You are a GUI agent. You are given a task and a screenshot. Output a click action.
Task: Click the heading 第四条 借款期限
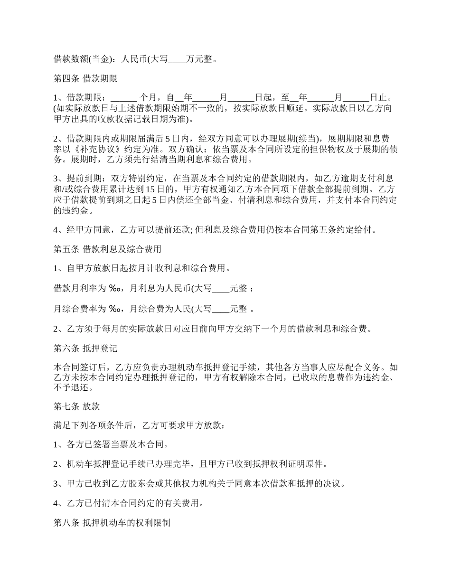click(x=85, y=79)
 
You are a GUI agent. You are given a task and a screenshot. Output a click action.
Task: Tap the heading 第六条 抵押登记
click(x=85, y=348)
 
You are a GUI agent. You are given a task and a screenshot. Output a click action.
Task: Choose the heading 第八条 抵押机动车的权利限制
click(x=112, y=523)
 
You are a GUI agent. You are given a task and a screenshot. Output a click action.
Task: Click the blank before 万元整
click(x=177, y=60)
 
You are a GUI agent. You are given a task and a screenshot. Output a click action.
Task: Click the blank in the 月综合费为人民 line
click(x=220, y=309)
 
